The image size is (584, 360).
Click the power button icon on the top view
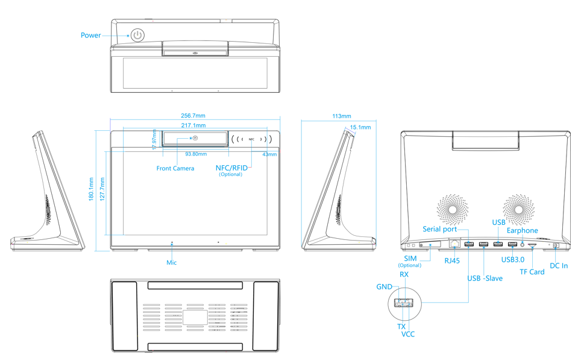tap(138, 34)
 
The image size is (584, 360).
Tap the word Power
tap(91, 36)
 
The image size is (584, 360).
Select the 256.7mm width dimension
tap(193, 116)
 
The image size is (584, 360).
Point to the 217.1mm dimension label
tap(193, 125)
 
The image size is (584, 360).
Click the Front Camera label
tap(175, 168)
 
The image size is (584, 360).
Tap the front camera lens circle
tap(195, 139)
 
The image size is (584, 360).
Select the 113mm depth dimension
tap(341, 116)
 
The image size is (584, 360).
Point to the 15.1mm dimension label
tap(360, 127)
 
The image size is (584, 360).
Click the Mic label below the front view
tap(172, 262)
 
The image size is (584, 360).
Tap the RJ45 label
tap(451, 261)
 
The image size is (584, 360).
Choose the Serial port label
tap(439, 229)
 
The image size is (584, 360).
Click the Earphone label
tap(522, 230)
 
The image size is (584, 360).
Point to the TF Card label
tap(532, 272)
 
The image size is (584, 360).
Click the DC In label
tap(559, 266)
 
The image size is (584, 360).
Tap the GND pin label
tap(385, 286)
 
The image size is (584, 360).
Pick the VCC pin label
tap(408, 334)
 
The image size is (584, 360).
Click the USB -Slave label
tap(485, 278)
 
